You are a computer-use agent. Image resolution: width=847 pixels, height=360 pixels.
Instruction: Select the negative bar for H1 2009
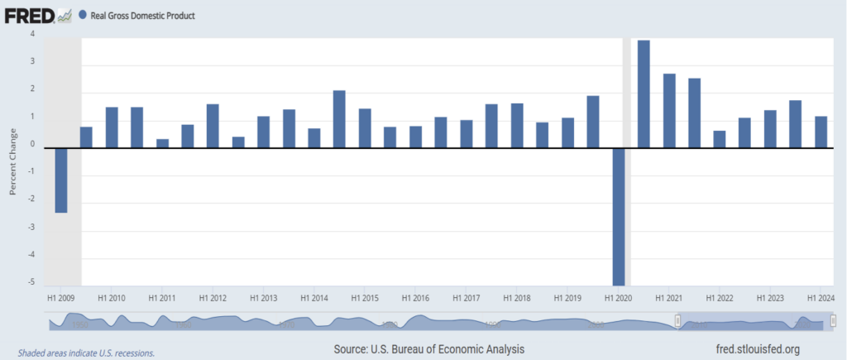pyautogui.click(x=61, y=180)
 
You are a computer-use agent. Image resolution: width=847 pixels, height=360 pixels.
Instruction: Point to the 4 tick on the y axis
pyautogui.click(x=32, y=34)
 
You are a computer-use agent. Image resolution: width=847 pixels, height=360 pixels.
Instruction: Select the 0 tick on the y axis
pyautogui.click(x=32, y=146)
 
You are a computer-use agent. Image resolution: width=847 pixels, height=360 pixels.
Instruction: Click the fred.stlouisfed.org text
pyautogui.click(x=756, y=349)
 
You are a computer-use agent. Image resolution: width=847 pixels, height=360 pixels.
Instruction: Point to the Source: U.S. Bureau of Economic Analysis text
pyautogui.click(x=428, y=349)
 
